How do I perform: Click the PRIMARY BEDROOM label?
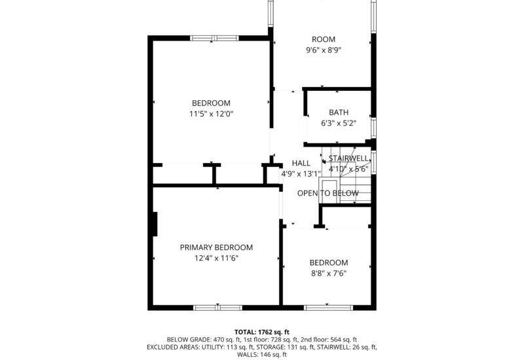pyautogui.click(x=216, y=247)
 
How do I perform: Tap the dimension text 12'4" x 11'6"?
pyautogui.click(x=216, y=259)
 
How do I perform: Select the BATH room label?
pyautogui.click(x=339, y=112)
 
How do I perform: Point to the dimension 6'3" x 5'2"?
pyautogui.click(x=339, y=123)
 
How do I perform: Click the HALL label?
pyautogui.click(x=301, y=163)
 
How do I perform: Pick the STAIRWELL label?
pyautogui.click(x=348, y=158)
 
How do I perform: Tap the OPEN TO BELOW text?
pyautogui.click(x=327, y=193)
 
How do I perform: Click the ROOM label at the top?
pyautogui.click(x=323, y=39)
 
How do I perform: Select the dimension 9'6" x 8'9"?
pyautogui.click(x=323, y=50)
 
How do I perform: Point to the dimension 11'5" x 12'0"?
pyautogui.click(x=211, y=114)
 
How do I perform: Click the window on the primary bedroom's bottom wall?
pyautogui.click(x=217, y=306)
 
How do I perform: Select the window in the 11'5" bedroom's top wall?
pyautogui.click(x=214, y=38)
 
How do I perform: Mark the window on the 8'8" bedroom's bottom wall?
pyautogui.click(x=329, y=306)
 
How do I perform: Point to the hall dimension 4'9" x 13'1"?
pyautogui.click(x=301, y=174)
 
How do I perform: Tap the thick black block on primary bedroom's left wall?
pyautogui.click(x=155, y=224)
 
